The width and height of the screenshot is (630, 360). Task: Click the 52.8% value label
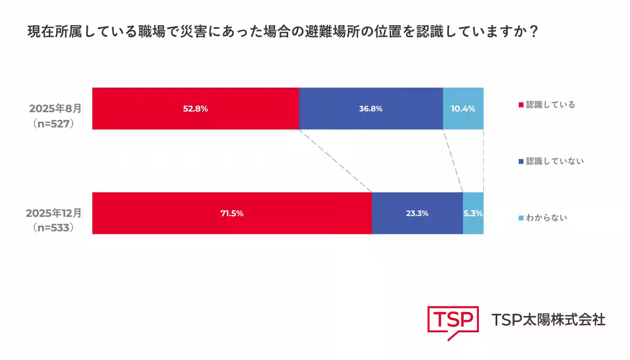pyautogui.click(x=195, y=109)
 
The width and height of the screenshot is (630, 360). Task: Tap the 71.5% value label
pyautogui.click(x=232, y=214)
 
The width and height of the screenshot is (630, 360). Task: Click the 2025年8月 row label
pyautogui.click(x=55, y=109)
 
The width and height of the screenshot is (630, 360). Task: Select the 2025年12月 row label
pyautogui.click(x=54, y=213)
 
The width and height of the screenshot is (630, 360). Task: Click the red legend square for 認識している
pyautogui.click(x=521, y=105)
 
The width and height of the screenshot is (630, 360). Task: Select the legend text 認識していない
pyautogui.click(x=555, y=161)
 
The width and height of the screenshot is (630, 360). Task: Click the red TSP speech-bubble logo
pyautogui.click(x=453, y=321)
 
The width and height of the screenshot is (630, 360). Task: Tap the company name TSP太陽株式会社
pyautogui.click(x=548, y=319)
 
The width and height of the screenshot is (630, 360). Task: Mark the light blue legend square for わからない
pyautogui.click(x=521, y=218)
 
